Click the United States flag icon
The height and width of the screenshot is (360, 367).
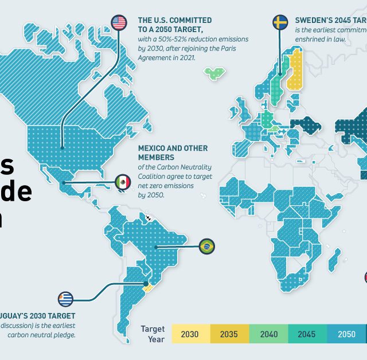tap(119, 22)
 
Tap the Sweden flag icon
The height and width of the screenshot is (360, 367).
tap(280, 22)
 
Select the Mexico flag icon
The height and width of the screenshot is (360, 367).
tap(123, 182)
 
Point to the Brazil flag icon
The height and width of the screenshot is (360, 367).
tap(206, 246)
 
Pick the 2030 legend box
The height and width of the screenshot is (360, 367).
tap(190, 334)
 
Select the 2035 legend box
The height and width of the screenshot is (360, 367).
tap(229, 334)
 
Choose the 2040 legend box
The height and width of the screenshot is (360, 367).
tap(268, 334)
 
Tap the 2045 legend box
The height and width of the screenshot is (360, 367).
tap(307, 334)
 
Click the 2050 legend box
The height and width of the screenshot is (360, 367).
tap(346, 334)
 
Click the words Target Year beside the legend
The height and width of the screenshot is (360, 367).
tap(153, 334)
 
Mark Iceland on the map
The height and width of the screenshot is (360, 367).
tap(216, 73)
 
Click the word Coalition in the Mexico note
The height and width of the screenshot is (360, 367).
tap(154, 177)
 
